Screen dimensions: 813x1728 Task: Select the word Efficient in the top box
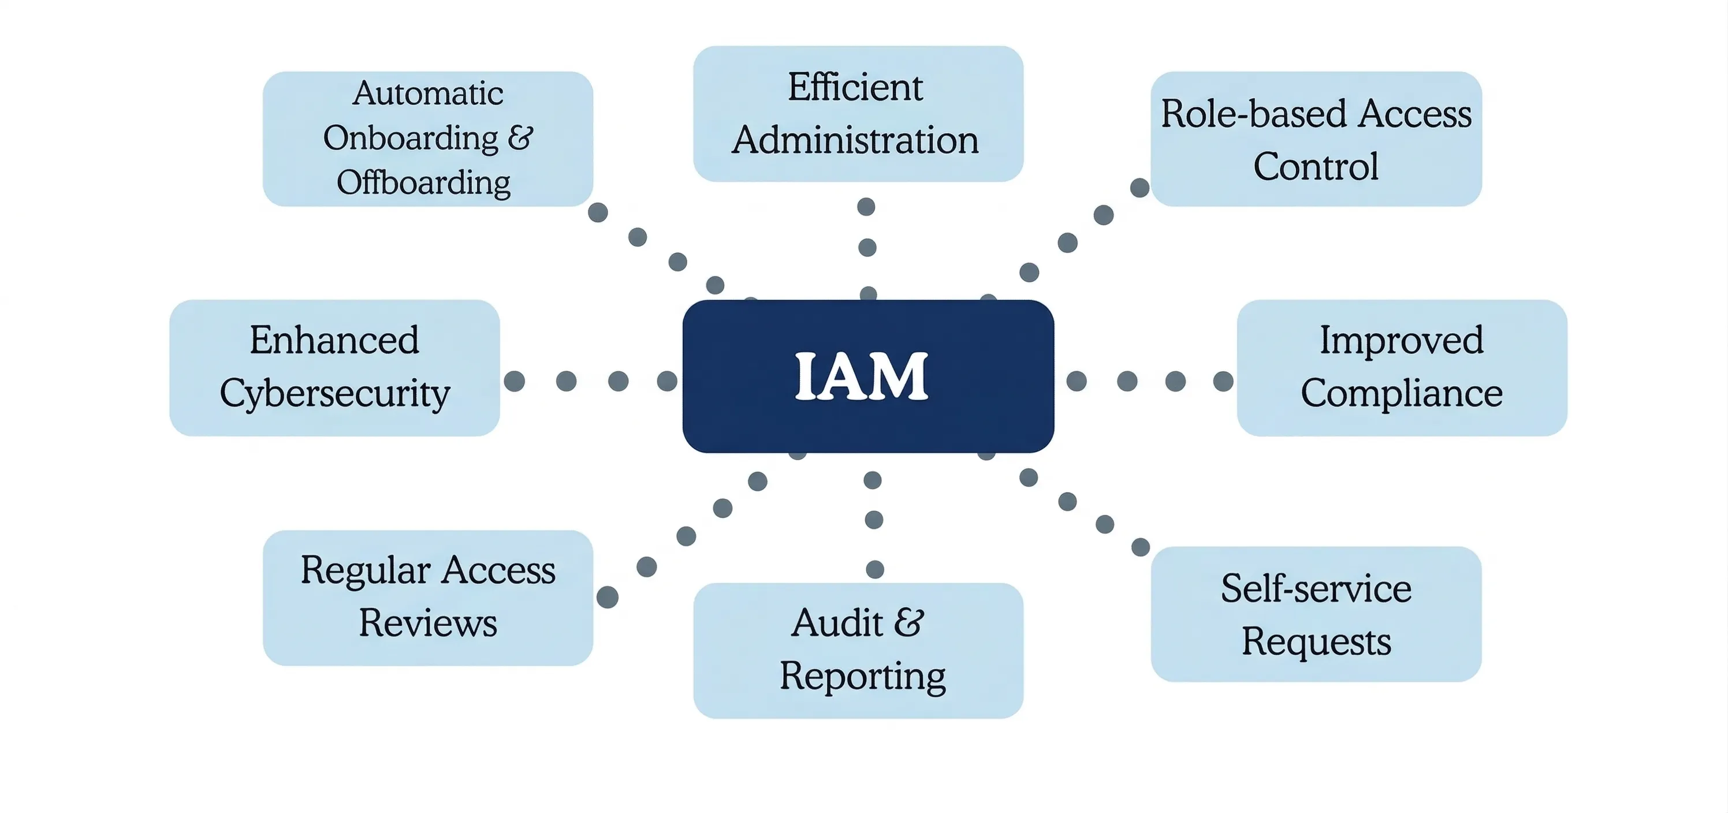click(855, 87)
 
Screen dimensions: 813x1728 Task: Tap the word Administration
click(855, 140)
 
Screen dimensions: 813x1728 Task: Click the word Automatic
click(428, 92)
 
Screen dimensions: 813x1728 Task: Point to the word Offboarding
click(423, 182)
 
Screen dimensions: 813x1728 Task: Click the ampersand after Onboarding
click(520, 137)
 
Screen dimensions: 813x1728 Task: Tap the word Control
click(1316, 166)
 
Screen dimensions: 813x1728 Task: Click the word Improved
click(1401, 340)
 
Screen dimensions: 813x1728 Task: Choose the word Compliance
click(1401, 393)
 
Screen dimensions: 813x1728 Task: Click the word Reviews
click(428, 623)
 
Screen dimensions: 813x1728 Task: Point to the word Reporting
click(863, 676)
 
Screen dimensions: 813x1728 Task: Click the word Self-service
click(1316, 588)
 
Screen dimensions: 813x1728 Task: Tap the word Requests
click(1316, 642)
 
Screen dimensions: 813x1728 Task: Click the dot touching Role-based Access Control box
click(1139, 188)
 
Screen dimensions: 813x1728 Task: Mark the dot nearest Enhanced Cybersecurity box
click(515, 381)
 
